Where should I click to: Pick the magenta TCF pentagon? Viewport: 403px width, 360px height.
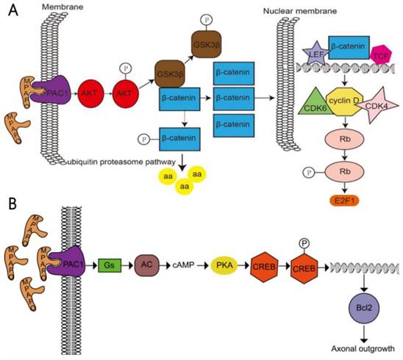click(x=381, y=54)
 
